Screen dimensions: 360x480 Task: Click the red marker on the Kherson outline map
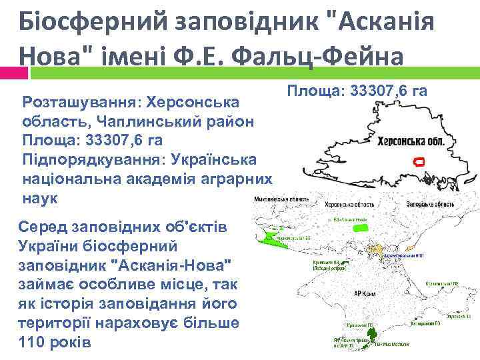[419, 161]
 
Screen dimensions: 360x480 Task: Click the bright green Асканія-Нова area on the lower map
[361, 227]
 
